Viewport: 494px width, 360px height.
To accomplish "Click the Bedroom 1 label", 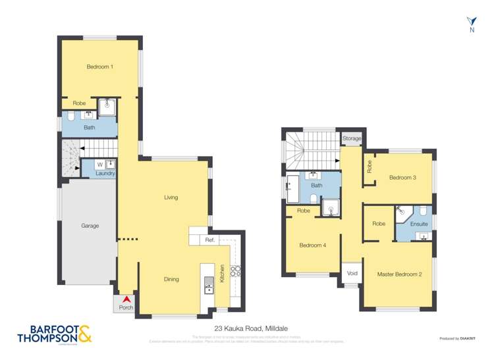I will point(99,66).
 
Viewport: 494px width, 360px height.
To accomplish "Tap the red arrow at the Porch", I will point(125,299).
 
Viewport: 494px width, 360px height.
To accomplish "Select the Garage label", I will point(90,226).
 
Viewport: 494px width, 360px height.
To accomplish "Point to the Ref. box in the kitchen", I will point(210,240).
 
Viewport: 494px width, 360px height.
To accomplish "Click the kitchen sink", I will point(209,285).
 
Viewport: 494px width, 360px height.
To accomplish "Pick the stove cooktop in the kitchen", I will point(236,270).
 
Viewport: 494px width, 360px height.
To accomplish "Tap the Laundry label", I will point(105,173).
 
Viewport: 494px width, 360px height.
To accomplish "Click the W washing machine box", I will point(99,164).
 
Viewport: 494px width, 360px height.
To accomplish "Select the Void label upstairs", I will point(352,272).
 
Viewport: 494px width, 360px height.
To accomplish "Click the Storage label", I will point(352,139).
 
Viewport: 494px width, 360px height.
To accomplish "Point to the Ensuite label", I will point(419,224).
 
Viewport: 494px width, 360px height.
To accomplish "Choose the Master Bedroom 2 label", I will point(399,274).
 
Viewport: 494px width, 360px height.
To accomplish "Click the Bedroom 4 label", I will point(312,245).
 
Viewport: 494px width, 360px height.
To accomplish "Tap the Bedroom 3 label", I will point(402,177).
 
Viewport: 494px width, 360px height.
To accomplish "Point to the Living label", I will point(171,197).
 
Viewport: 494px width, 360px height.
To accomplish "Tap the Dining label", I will point(171,279).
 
